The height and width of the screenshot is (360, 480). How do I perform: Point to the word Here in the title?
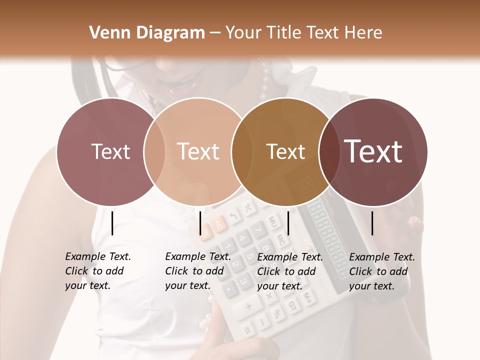point(364,33)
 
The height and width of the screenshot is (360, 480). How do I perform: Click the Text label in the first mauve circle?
point(110,151)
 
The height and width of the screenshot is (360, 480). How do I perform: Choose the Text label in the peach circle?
point(198,151)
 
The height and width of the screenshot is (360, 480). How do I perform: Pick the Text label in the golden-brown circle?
point(285,151)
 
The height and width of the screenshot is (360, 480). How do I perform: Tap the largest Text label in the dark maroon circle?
point(373,151)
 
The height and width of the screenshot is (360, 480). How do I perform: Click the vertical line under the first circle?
point(112,223)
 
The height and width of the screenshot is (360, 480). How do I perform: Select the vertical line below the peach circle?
point(200,223)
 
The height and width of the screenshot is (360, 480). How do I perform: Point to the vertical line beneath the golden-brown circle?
point(288,223)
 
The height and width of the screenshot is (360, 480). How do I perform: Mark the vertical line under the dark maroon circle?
point(372,223)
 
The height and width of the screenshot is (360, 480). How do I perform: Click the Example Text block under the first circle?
point(97,271)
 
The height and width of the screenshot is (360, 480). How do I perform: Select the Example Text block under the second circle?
point(197,271)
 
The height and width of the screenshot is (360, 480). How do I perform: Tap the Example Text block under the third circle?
point(289,271)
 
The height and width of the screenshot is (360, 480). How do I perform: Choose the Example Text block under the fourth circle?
point(381,271)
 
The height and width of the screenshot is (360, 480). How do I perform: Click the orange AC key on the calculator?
point(218,226)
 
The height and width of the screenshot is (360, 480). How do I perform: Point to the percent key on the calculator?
point(276,314)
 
